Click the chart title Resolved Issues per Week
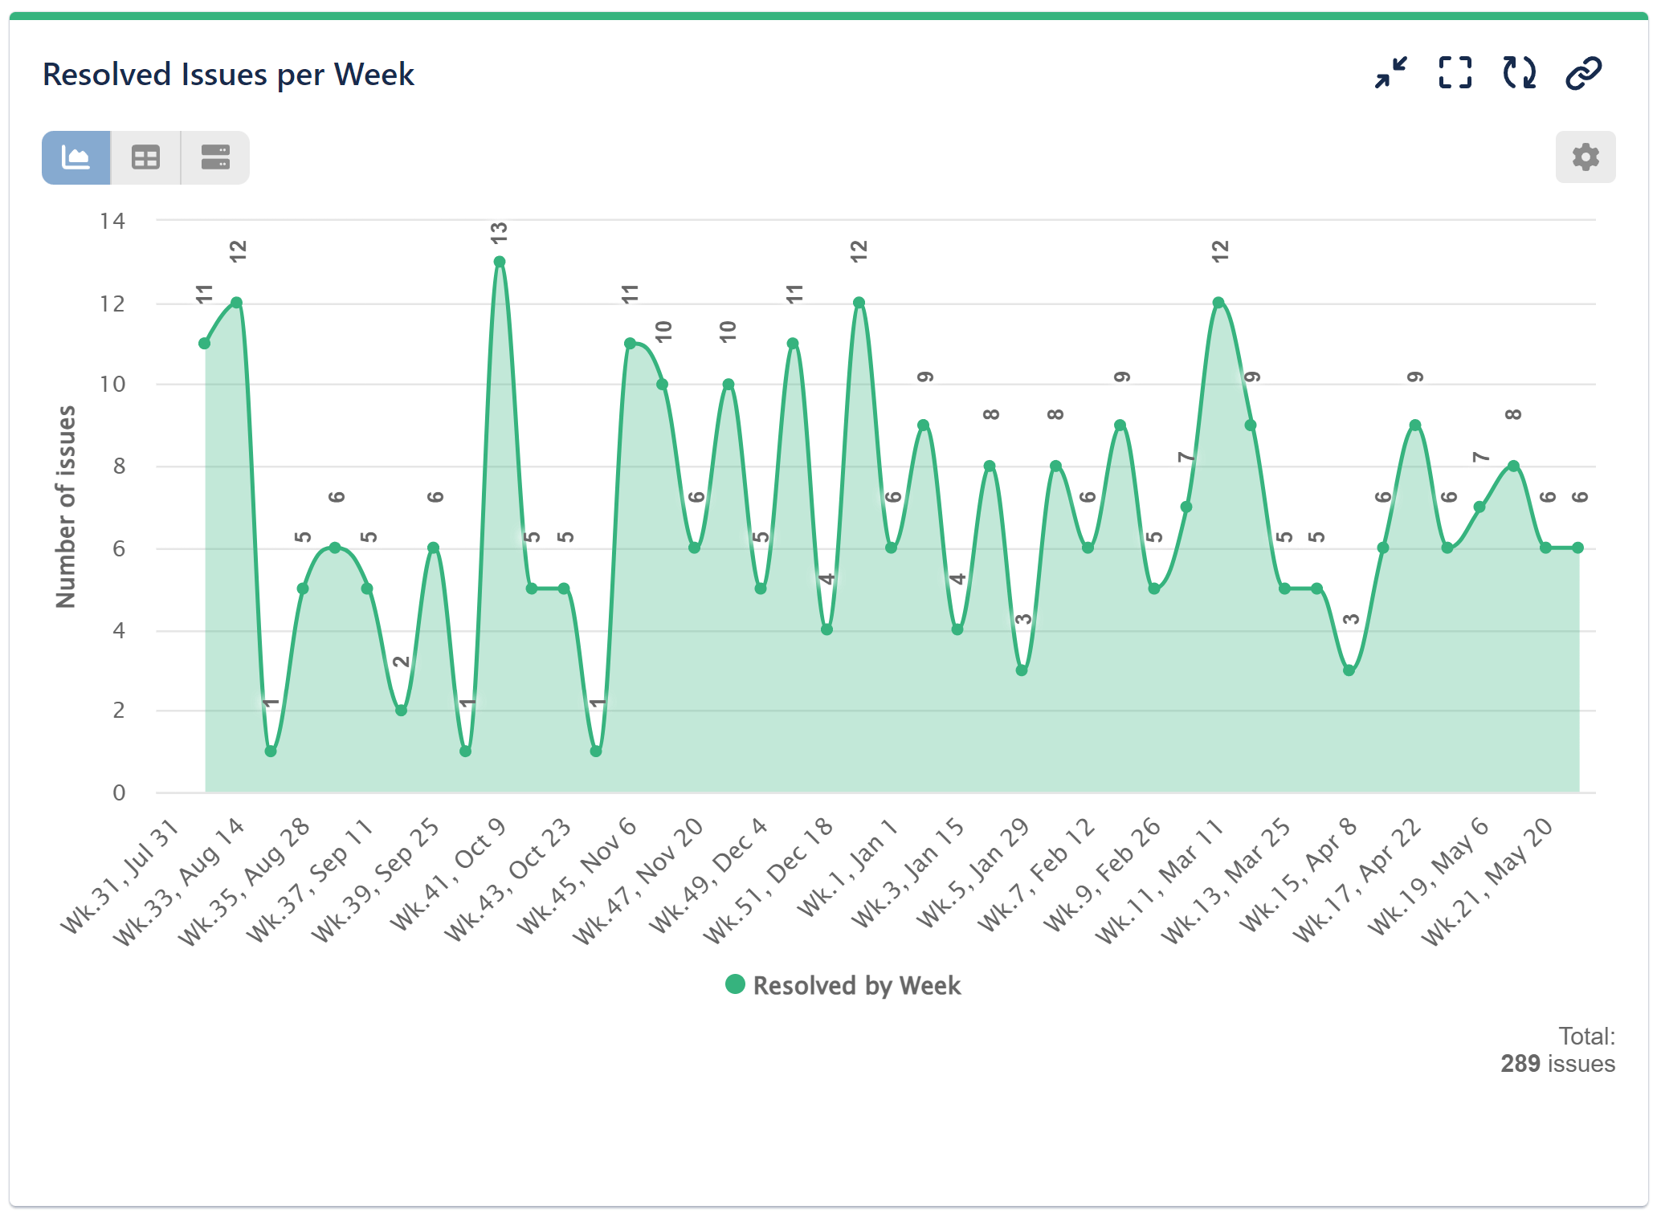pyautogui.click(x=228, y=75)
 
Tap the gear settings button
pyautogui.click(x=1585, y=157)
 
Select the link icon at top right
pyautogui.click(x=1583, y=73)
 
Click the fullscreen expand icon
pyautogui.click(x=1455, y=73)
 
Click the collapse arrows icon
pyautogui.click(x=1390, y=73)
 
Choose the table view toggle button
pyautogui.click(x=145, y=157)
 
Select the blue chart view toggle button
pyautogui.click(x=76, y=157)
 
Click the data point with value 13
pyautogui.click(x=499, y=262)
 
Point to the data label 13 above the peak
pyautogui.click(x=499, y=234)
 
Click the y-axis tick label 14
pyautogui.click(x=112, y=221)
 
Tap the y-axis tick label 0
pyautogui.click(x=119, y=792)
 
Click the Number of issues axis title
pyautogui.click(x=66, y=507)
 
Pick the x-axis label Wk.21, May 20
pyautogui.click(x=1487, y=882)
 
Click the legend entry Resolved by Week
pyautogui.click(x=843, y=985)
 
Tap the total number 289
pyautogui.click(x=1520, y=1063)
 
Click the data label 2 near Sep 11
pyautogui.click(x=401, y=662)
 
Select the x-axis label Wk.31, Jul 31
pyautogui.click(x=120, y=877)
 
